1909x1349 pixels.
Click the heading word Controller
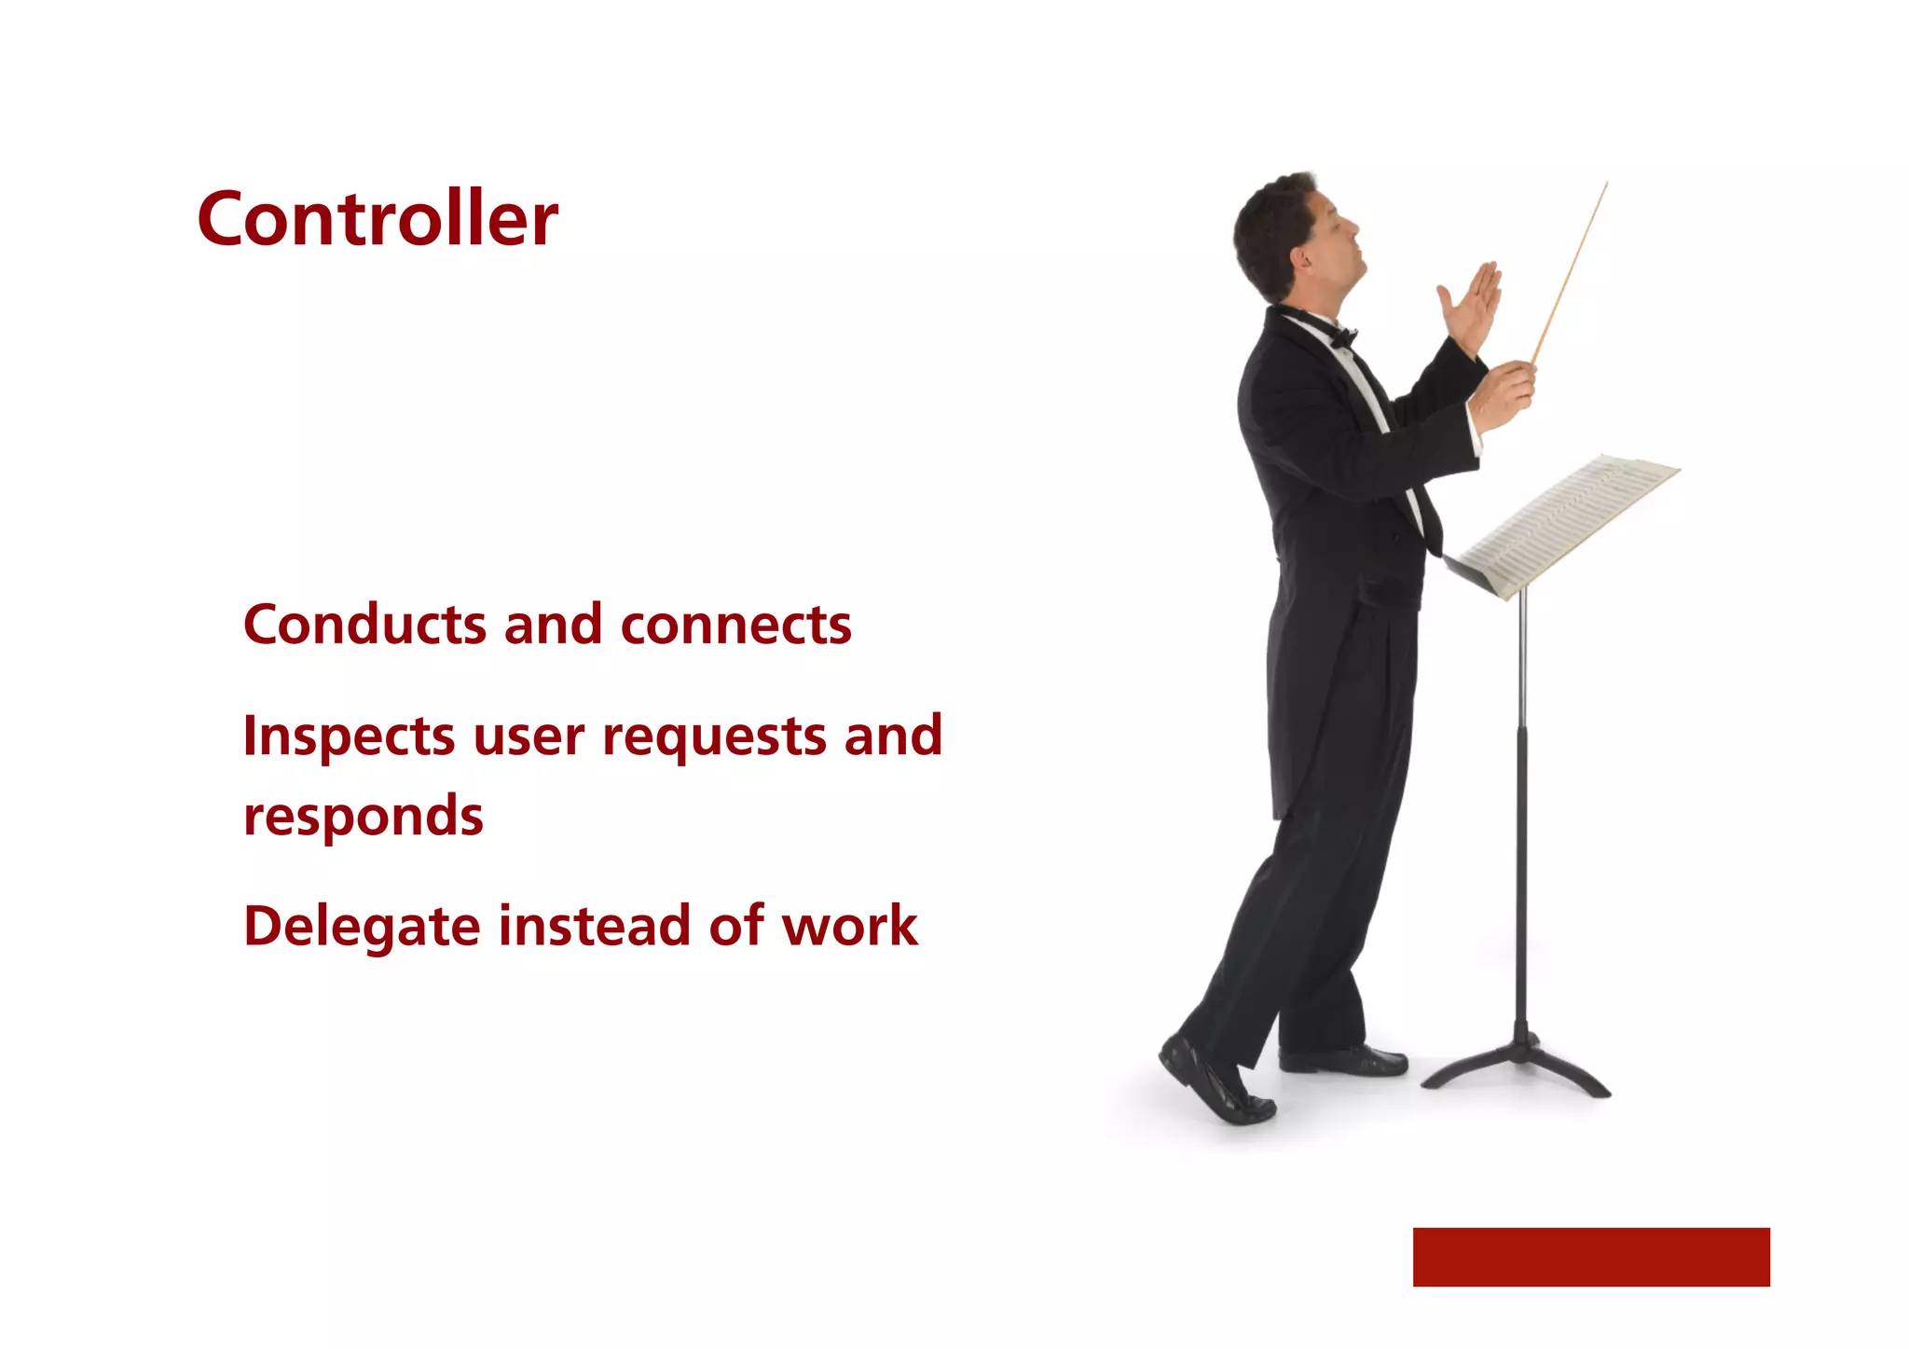click(x=377, y=219)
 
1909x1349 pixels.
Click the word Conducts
click(x=364, y=624)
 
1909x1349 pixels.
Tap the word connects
click(x=735, y=624)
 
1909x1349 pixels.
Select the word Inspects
click(x=349, y=737)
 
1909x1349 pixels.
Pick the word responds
click(x=364, y=818)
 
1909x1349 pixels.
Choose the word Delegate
click(x=362, y=929)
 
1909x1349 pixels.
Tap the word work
click(x=849, y=927)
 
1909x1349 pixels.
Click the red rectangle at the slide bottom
click(x=1590, y=1257)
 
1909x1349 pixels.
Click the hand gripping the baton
click(x=1504, y=395)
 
